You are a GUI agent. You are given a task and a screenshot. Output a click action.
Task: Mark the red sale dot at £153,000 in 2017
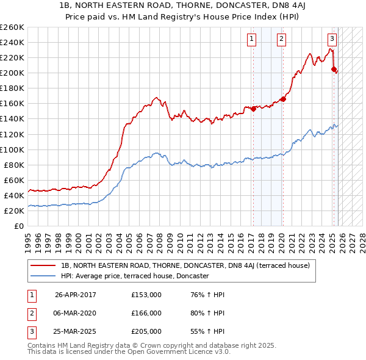tap(253, 109)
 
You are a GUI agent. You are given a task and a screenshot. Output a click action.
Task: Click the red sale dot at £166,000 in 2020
tap(283, 99)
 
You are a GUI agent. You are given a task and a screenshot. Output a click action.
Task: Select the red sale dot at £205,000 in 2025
tap(334, 69)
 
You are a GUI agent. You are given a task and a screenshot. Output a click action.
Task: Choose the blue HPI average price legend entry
tap(135, 276)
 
